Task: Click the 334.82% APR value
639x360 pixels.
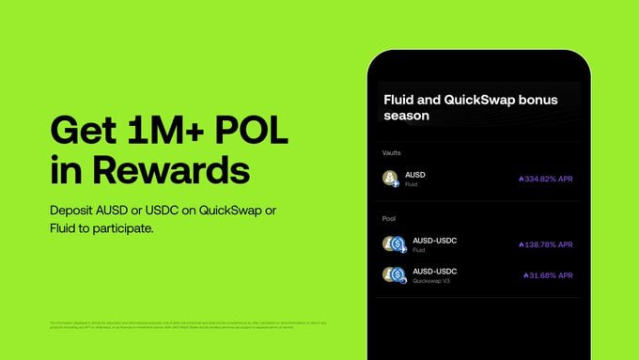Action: (x=548, y=178)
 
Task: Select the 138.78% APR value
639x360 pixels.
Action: (x=548, y=244)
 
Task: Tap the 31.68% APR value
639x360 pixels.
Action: (x=551, y=275)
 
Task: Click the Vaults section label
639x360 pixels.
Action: (x=393, y=152)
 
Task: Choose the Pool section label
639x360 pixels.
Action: (x=390, y=217)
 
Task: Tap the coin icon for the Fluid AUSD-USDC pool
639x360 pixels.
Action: (x=393, y=244)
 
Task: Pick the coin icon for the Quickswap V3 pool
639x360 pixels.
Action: (x=393, y=275)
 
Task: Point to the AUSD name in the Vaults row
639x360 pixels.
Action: (x=415, y=175)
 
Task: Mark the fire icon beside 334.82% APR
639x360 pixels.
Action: (x=521, y=178)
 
